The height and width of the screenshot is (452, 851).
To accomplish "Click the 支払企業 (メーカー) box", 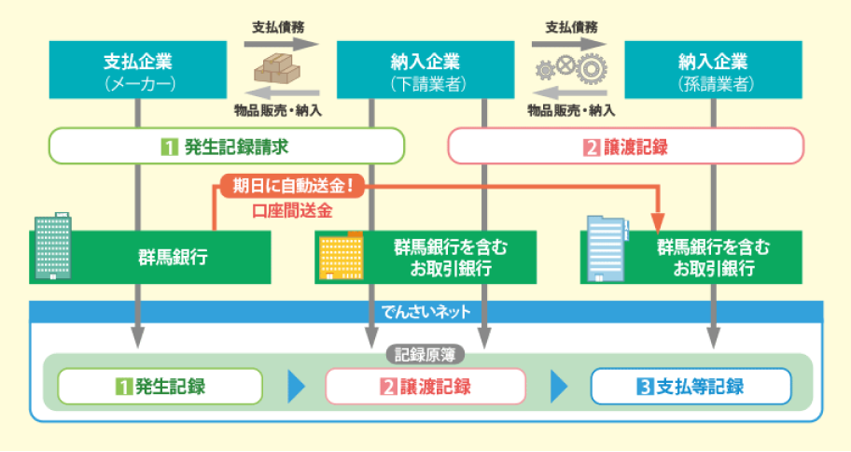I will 138,71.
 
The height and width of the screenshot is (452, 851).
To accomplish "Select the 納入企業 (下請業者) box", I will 425,71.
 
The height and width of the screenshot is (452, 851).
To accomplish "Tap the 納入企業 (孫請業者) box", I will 714,71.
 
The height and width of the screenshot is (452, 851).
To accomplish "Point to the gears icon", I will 567,67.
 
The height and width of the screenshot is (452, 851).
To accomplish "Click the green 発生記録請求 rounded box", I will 226,147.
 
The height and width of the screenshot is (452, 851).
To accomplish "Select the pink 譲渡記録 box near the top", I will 626,147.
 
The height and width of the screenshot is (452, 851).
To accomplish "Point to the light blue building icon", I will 607,249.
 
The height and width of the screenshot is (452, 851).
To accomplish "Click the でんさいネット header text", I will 425,310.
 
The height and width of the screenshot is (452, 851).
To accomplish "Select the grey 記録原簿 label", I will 425,355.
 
